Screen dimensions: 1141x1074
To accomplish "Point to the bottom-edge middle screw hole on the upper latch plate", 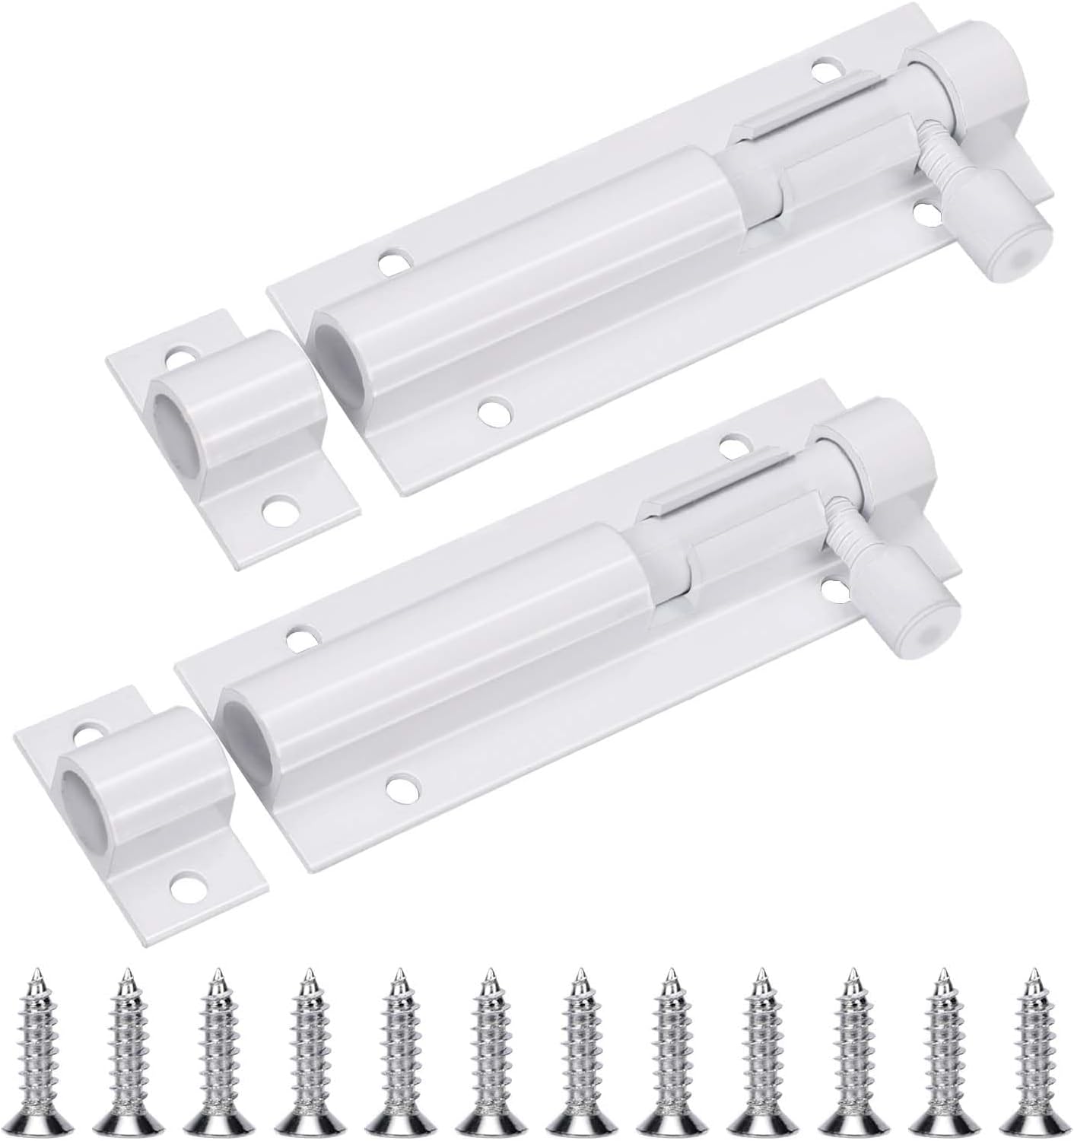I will (495, 411).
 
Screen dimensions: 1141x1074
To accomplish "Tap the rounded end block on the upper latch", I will (970, 106).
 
